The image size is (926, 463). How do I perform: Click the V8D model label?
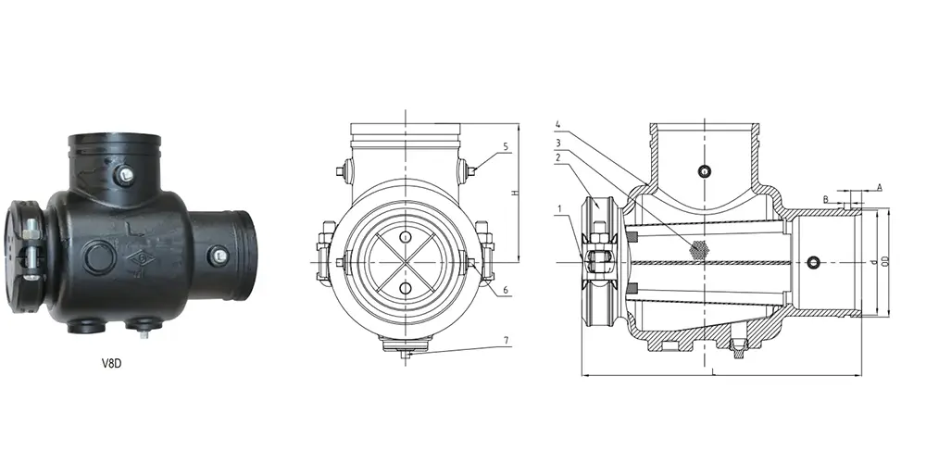point(112,364)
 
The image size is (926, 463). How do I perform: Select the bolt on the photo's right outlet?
point(217,257)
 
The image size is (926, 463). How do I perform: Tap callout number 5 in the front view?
point(506,147)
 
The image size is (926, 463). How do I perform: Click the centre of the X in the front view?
point(404,264)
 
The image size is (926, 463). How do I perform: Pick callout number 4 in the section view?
point(558,124)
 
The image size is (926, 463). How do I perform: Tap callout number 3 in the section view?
point(558,142)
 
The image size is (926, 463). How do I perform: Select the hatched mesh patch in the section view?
point(698,249)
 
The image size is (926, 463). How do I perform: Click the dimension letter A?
point(879,188)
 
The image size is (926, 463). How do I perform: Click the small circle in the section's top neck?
point(705,170)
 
